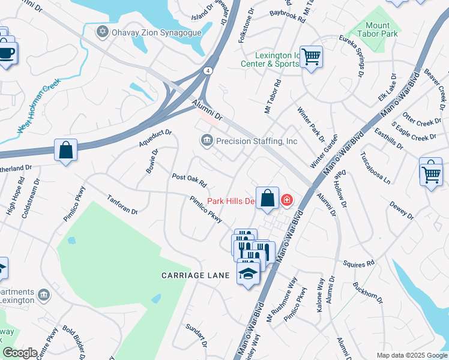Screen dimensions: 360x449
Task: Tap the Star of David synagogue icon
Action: [101, 31]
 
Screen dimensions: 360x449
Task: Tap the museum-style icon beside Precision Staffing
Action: [206, 140]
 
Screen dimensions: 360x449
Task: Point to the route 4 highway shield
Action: [207, 70]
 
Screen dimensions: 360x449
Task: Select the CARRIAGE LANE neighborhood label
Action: [196, 275]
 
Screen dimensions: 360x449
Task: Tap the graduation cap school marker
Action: [248, 274]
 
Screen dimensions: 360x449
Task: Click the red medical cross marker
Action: [287, 199]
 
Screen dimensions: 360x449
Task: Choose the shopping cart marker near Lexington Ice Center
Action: [311, 57]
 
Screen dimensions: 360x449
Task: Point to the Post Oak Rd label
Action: [189, 180]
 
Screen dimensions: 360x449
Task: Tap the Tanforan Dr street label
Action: [122, 204]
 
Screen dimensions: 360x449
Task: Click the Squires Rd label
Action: [359, 263]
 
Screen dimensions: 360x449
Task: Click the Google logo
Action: [20, 353]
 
